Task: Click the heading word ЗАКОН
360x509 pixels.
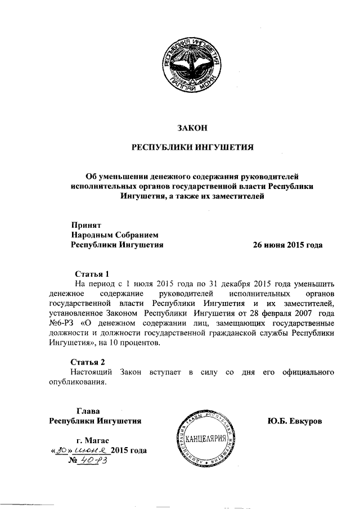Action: click(x=193, y=128)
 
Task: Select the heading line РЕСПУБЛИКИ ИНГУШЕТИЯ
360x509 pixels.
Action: click(x=193, y=147)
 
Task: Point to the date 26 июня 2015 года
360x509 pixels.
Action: click(x=287, y=245)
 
